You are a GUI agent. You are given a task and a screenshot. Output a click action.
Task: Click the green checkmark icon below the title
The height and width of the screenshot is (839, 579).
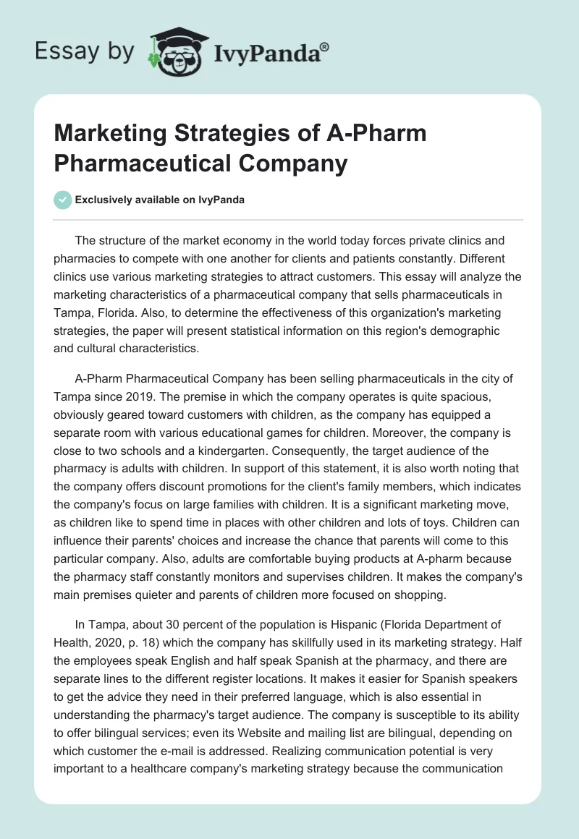(64, 200)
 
